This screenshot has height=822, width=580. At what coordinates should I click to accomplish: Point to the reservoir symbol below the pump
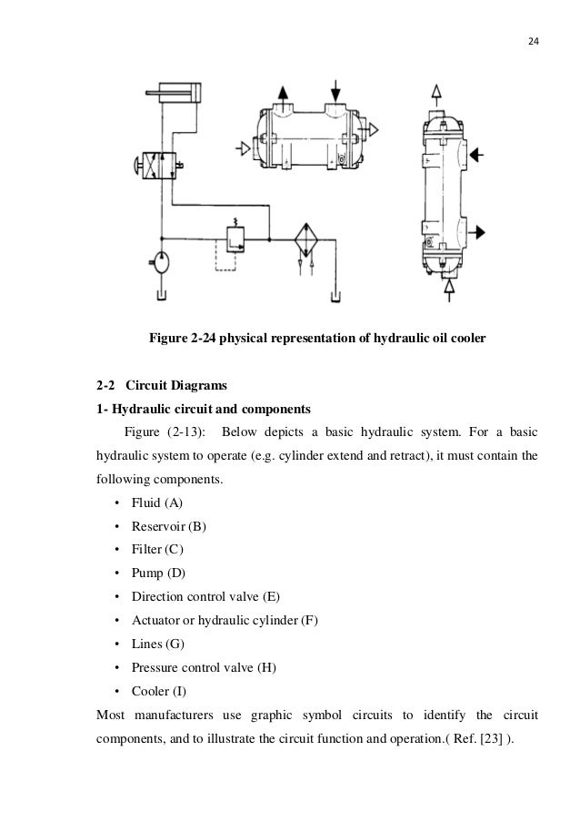pos(162,296)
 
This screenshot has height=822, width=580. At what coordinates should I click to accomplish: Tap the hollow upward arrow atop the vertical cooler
pos(436,92)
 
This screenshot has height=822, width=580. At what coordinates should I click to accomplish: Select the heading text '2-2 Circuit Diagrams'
pos(155,386)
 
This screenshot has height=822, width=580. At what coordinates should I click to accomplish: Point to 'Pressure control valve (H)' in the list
pos(203,667)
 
